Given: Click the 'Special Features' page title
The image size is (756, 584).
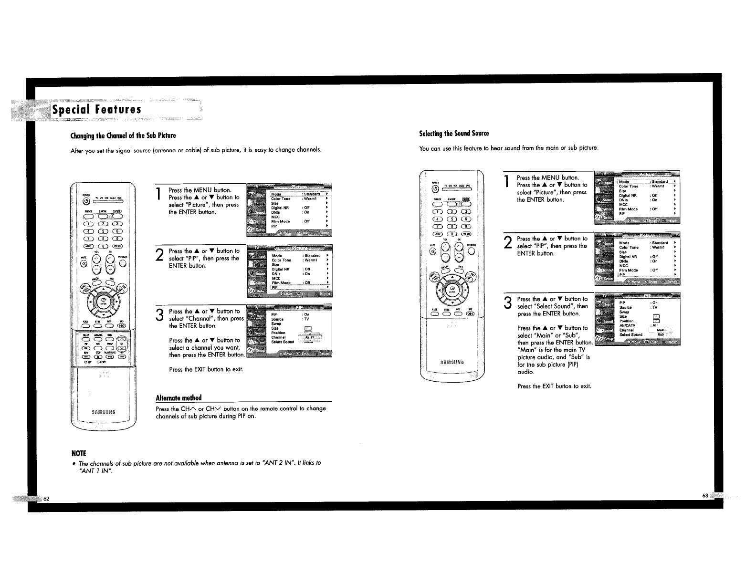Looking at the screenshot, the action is (97, 110).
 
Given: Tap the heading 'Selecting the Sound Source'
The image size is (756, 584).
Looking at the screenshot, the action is (454, 133).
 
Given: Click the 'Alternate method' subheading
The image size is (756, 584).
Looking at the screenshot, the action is (178, 398).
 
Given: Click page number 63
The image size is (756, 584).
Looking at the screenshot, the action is (705, 496).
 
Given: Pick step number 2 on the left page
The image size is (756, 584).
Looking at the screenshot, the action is (160, 256).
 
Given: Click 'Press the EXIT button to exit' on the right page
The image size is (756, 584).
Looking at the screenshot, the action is (554, 386).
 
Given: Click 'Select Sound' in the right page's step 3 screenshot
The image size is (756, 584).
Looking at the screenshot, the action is (630, 335).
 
